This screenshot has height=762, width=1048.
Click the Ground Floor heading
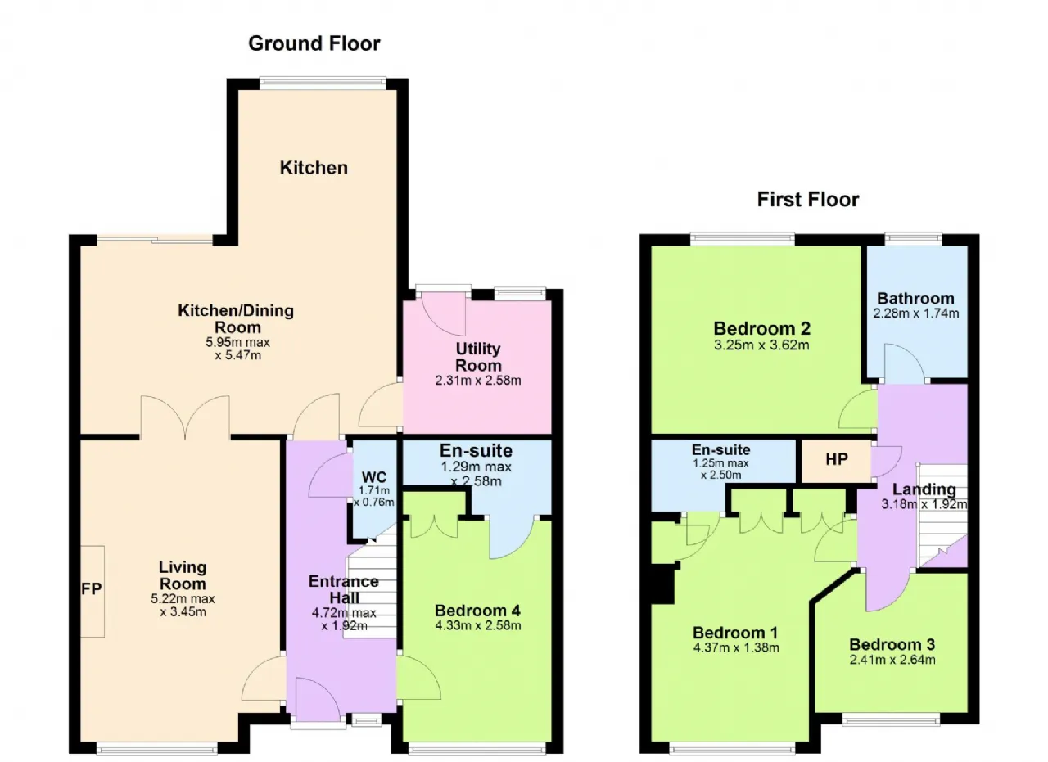coord(314,43)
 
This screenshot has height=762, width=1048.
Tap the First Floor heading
coord(808,200)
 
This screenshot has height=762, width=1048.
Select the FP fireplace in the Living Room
coord(92,591)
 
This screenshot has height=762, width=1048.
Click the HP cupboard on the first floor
coord(836,459)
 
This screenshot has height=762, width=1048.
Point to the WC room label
coord(374,477)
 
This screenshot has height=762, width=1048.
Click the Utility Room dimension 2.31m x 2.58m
coord(478,381)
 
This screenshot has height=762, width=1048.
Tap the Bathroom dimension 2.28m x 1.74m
coord(915,313)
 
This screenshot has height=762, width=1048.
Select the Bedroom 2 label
coord(761,328)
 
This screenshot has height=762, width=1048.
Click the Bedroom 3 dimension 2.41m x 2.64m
coord(892,660)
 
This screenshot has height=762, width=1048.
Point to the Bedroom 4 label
coord(477,611)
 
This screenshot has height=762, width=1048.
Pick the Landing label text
coord(924,489)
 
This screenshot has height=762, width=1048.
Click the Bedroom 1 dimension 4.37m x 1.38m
coord(736,648)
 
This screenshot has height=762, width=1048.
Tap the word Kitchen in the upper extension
coord(314,168)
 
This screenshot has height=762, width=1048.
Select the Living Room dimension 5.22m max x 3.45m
coord(183,606)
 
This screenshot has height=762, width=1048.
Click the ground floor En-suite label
coord(476,450)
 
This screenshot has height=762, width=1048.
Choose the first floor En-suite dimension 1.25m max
coord(720,463)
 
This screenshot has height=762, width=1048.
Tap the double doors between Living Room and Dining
coord(185,417)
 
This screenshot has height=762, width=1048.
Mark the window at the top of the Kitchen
coord(323,83)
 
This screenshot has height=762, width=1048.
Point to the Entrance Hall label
coord(344,589)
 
